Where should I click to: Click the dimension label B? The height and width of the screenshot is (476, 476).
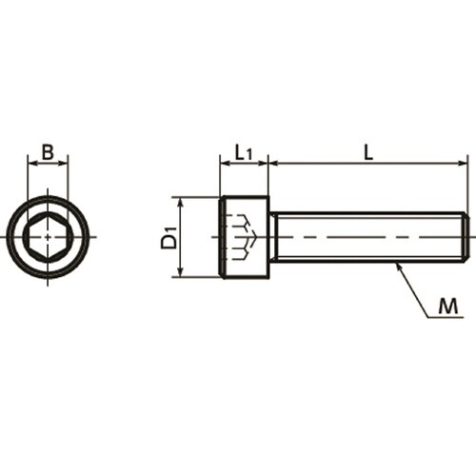(x=48, y=152)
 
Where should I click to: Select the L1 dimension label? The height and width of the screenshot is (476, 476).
(x=244, y=153)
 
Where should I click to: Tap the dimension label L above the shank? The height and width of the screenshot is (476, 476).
(x=368, y=152)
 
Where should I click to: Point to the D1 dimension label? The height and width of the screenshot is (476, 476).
(x=169, y=237)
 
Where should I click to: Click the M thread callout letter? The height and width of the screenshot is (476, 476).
(x=448, y=307)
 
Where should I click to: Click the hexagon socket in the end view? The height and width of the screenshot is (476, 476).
(x=48, y=237)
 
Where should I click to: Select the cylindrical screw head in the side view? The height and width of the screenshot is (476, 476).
(x=245, y=237)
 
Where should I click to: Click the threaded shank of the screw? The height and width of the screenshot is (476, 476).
(x=368, y=237)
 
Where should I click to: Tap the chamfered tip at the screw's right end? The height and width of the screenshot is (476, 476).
(x=465, y=237)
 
